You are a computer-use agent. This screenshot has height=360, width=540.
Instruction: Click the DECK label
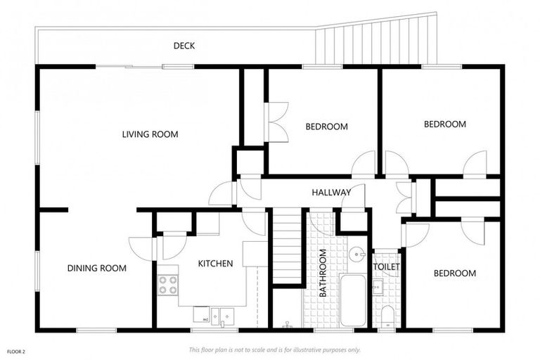(x=184, y=46)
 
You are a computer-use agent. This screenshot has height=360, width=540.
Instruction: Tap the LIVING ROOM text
(x=150, y=134)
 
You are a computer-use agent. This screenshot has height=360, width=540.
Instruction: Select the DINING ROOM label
(x=97, y=268)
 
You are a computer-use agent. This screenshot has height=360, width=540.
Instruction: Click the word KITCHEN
(x=215, y=264)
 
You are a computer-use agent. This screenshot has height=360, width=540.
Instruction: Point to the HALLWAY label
(x=332, y=192)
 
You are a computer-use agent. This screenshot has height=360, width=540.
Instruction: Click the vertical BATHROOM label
(x=323, y=273)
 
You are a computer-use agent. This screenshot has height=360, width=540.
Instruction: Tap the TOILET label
(x=386, y=268)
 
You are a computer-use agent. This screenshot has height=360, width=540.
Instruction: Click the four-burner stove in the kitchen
(x=167, y=284)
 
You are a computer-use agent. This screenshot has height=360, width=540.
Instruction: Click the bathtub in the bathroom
(x=352, y=300)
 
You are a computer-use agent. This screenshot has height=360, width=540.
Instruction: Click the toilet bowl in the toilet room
(x=386, y=314)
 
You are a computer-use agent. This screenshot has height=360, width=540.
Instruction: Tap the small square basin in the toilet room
(x=378, y=286)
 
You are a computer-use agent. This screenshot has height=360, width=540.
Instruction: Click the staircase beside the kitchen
(x=287, y=247)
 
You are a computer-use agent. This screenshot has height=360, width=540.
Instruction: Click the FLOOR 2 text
(x=16, y=349)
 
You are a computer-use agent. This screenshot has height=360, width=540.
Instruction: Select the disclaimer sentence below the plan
(x=274, y=349)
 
